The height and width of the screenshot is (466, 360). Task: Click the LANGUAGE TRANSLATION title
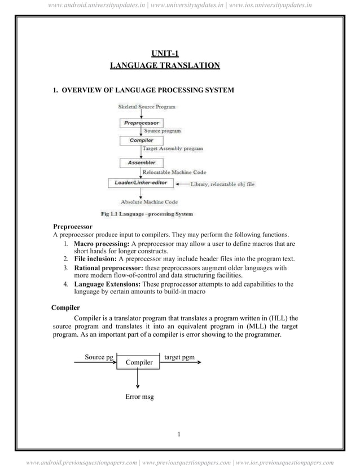click(164, 66)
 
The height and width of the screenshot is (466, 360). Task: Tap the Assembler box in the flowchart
click(141, 162)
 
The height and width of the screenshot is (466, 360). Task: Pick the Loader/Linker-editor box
click(138, 183)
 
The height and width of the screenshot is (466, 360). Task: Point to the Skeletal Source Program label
click(146, 107)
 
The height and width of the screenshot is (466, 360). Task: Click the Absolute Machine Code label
click(149, 202)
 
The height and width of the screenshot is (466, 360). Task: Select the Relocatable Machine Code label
click(174, 172)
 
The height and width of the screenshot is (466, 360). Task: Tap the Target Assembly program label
click(172, 149)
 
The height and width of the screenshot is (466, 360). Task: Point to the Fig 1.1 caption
click(146, 214)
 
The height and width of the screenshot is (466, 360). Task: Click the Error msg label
click(139, 397)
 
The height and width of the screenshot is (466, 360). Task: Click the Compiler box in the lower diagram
click(138, 362)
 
